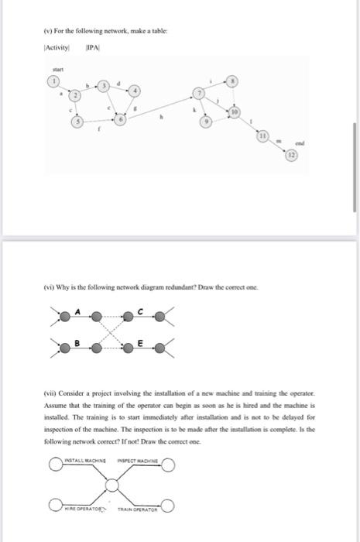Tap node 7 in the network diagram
point(198,94)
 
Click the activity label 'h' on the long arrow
point(161,118)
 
